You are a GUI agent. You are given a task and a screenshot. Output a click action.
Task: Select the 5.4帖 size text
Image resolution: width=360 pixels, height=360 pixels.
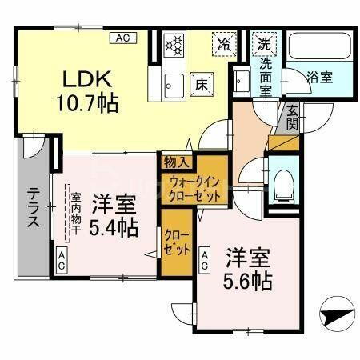[x=114, y=227]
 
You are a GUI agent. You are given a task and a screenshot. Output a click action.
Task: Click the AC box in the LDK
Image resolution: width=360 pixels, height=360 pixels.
[x=123, y=37]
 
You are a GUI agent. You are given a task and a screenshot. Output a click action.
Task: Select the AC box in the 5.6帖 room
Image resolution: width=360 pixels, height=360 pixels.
[x=205, y=257]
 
